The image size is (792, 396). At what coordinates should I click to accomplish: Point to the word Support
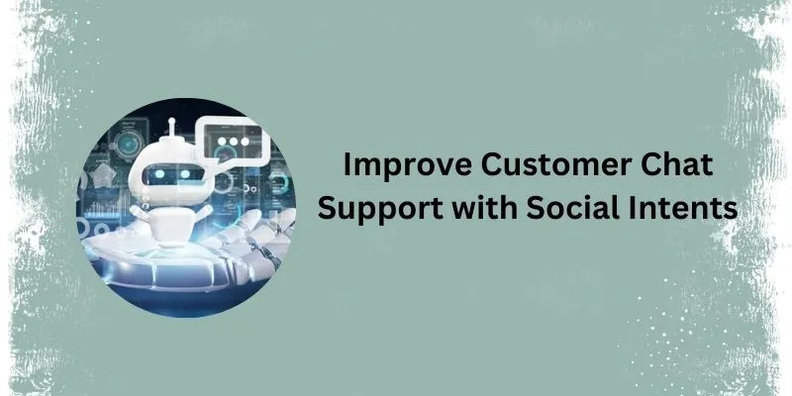tap(380, 209)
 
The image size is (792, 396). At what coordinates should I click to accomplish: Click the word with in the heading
tap(484, 207)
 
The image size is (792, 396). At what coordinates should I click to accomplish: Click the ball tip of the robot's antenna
tap(171, 121)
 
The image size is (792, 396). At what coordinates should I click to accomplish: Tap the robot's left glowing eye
tap(160, 174)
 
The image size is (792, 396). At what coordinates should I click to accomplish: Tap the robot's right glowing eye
tap(185, 174)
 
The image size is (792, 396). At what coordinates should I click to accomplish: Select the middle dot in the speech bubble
tap(234, 142)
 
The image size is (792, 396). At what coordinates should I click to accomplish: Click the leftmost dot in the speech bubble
tap(222, 142)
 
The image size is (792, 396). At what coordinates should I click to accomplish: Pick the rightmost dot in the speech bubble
tap(245, 142)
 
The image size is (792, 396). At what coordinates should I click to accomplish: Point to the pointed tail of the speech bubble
tap(214, 162)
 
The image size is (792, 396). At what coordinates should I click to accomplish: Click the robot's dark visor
tap(173, 175)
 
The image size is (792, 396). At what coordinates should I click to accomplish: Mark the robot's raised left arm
tap(142, 212)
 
